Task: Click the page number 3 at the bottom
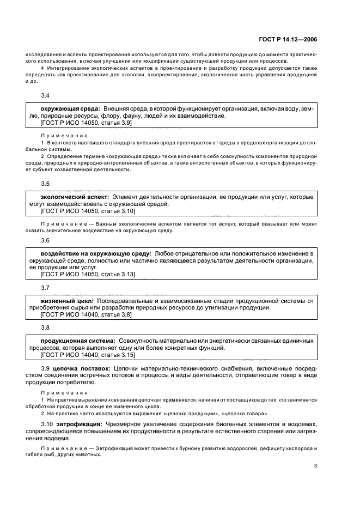pyautogui.click(x=315, y=466)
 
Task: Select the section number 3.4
pyautogui.click(x=45, y=96)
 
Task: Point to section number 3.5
pyautogui.click(x=45, y=184)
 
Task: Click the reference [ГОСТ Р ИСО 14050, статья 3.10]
pyautogui.click(x=88, y=210)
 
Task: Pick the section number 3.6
pyautogui.click(x=45, y=240)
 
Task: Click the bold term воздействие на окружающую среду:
pyautogui.click(x=96, y=253)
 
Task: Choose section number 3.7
pyautogui.click(x=45, y=287)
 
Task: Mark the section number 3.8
pyautogui.click(x=45, y=327)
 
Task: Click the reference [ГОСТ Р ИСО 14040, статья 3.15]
pyautogui.click(x=88, y=355)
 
